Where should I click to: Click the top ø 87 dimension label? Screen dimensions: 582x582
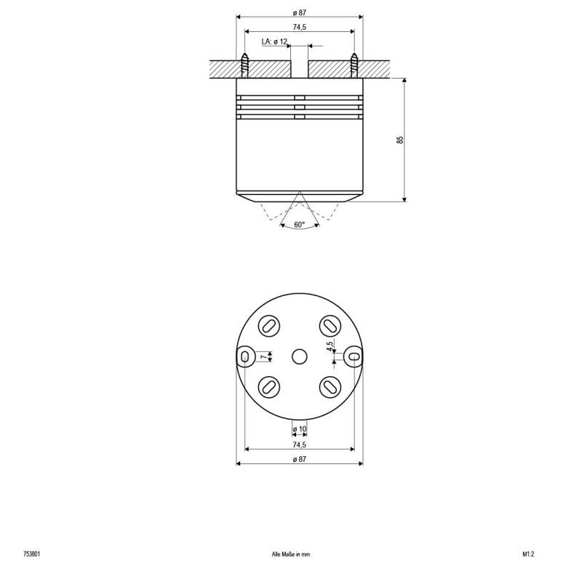pos(299,13)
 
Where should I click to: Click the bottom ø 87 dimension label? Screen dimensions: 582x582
pos(299,459)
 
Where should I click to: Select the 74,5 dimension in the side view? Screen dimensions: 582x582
pos(299,28)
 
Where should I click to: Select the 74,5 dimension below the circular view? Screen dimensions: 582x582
pos(299,444)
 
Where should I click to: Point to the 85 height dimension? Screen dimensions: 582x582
pos(400,139)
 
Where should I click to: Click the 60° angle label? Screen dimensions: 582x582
pos(299,225)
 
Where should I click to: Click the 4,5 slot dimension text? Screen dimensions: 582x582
pos(330,346)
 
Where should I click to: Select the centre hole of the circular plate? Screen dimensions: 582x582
pos(299,356)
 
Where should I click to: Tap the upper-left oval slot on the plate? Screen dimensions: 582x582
pos(268,325)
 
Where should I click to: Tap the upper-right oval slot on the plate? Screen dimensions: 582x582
pos(330,325)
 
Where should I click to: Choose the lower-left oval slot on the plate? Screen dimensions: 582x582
pos(268,386)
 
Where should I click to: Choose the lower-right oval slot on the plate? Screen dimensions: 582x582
pos(330,386)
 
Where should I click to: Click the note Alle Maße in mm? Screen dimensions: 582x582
pos(290,554)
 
